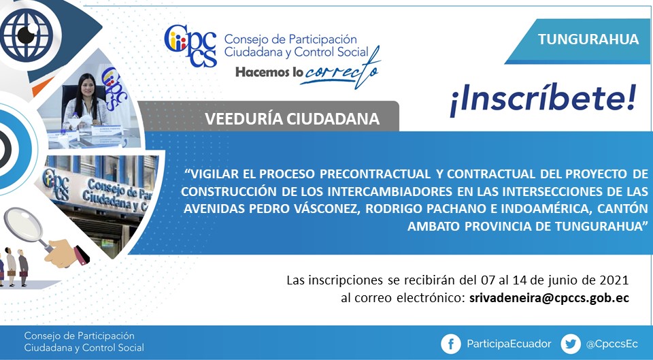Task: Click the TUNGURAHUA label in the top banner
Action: tap(588, 39)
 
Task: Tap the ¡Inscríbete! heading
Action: tap(543, 100)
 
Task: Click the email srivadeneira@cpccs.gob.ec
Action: tap(549, 298)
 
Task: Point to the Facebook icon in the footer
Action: tap(451, 344)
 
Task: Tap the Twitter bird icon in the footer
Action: tap(571, 344)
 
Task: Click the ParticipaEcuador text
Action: tap(509, 344)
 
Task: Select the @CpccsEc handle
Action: tap(612, 344)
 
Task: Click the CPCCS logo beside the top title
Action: tap(190, 46)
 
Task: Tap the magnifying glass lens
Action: tap(23, 224)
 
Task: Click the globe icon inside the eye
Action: tap(27, 35)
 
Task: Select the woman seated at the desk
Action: tap(86, 101)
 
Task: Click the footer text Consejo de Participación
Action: tap(79, 336)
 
